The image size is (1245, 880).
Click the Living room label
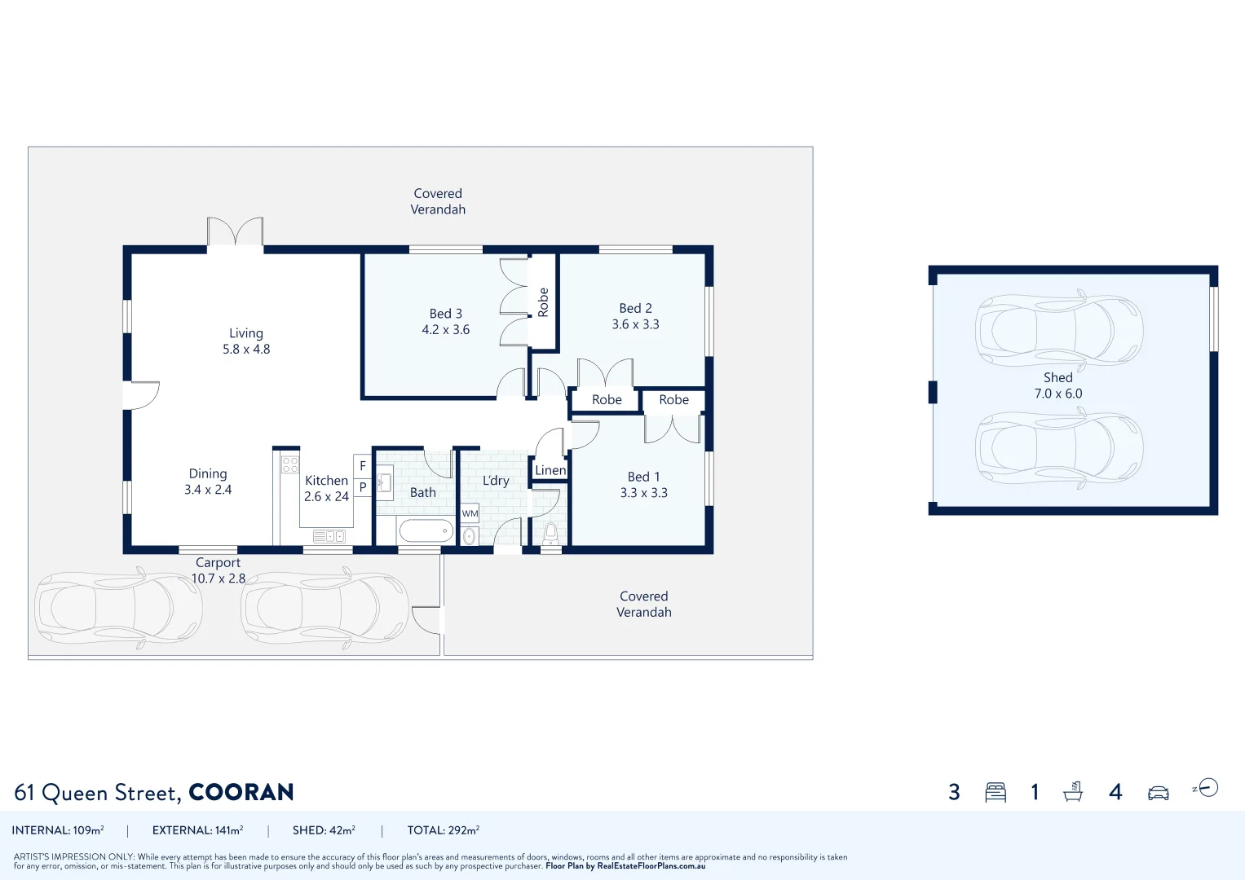245,333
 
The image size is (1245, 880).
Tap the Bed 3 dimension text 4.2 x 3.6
445,330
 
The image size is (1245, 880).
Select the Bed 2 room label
635,308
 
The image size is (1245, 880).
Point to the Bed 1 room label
643,477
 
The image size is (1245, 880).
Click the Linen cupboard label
550,470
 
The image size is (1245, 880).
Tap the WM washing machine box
470,513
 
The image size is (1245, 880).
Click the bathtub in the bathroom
426,531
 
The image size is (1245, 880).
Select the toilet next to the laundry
551,533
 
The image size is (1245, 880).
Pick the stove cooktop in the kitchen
289,465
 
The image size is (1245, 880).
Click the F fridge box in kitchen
363,466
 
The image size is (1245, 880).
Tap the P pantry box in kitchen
363,486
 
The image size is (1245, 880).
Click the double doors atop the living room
235,231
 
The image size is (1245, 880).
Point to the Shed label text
1057,377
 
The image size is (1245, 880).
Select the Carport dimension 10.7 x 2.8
218,579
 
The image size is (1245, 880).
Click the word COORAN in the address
241,792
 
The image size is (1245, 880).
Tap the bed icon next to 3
995,792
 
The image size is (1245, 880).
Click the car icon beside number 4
1158,793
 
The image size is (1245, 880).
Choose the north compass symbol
1207,788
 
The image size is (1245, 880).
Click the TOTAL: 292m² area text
443,830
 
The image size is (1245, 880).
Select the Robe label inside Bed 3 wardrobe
543,302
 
